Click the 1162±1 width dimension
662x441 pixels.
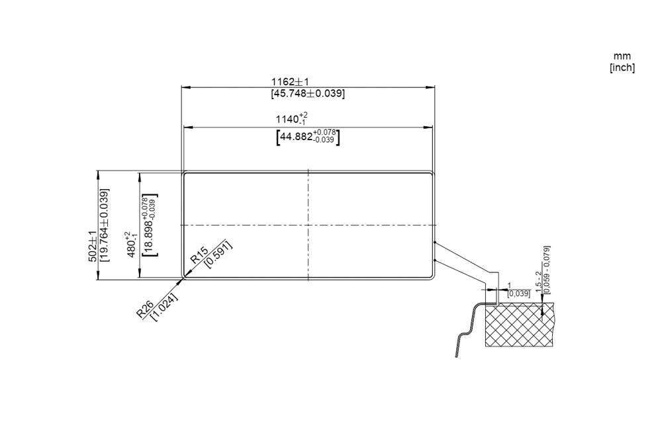pos(289,81)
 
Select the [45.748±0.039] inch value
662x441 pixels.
pos(308,94)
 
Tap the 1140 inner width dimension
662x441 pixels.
pos(292,119)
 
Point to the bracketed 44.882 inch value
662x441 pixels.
pos(308,137)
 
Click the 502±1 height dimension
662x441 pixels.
pos(93,247)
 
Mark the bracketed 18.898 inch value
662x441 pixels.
pos(150,225)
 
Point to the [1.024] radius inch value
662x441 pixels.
pos(164,307)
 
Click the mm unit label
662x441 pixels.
pos(622,56)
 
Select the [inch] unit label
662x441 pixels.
pos(622,67)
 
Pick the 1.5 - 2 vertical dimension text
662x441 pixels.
pos(538,282)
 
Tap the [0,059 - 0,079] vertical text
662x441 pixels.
pos(547,269)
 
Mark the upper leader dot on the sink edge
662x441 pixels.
pos(434,243)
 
